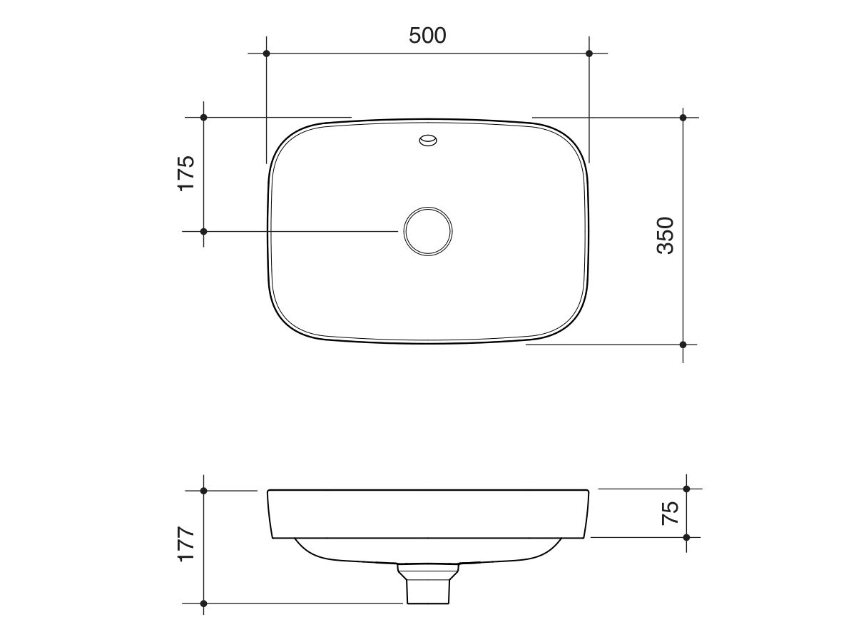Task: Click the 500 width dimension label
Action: pyautogui.click(x=427, y=35)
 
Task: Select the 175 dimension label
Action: pyautogui.click(x=185, y=173)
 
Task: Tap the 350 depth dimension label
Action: pyautogui.click(x=665, y=235)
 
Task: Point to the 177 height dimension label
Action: pyautogui.click(x=185, y=545)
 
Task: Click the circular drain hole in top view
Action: pyautogui.click(x=427, y=231)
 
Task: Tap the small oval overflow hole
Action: pyautogui.click(x=428, y=141)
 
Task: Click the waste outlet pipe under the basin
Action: pyautogui.click(x=428, y=585)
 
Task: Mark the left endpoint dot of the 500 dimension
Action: pyautogui.click(x=266, y=53)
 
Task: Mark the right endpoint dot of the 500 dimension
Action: pyautogui.click(x=588, y=53)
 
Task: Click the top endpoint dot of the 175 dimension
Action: pyautogui.click(x=203, y=117)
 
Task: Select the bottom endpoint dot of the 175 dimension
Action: pyautogui.click(x=203, y=231)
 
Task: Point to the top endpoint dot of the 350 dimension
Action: pyautogui.click(x=683, y=117)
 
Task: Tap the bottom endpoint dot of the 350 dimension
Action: pyautogui.click(x=683, y=345)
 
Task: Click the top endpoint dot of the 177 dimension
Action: pyautogui.click(x=203, y=491)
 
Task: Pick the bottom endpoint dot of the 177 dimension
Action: pyautogui.click(x=203, y=603)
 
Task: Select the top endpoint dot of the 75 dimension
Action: pyautogui.click(x=686, y=489)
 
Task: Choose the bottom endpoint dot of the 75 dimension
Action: pyautogui.click(x=686, y=537)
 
